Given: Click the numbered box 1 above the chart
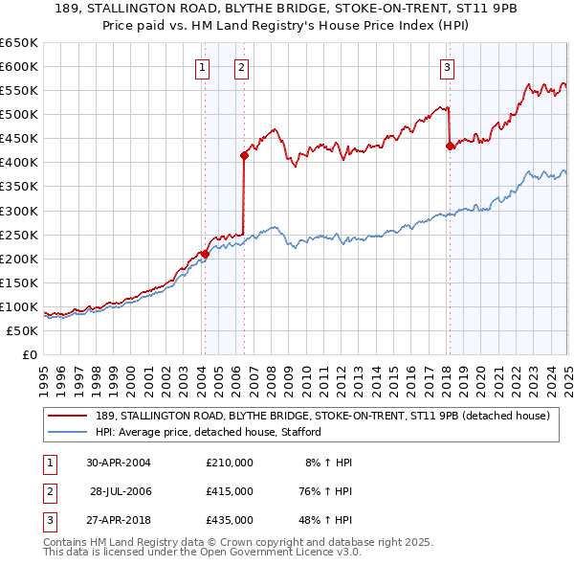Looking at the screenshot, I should coord(204,67).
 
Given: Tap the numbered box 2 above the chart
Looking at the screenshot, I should coord(241,67).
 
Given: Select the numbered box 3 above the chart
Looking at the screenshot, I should coord(448,67).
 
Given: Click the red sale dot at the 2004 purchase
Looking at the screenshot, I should coord(205,254).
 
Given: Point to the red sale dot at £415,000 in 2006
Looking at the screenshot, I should coord(245,154).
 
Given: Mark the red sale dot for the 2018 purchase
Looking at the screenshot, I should coord(450,146).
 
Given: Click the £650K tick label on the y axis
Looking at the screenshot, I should coord(19,43).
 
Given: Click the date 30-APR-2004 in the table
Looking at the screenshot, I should coord(119,463).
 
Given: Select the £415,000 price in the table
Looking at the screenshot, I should coord(230,491).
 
